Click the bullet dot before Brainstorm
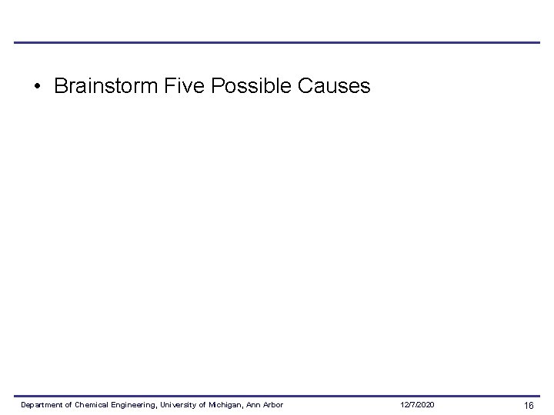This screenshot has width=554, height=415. pyautogui.click(x=37, y=86)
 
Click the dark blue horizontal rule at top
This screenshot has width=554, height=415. pyautogui.click(x=277, y=42)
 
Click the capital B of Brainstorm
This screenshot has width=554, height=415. pyautogui.click(x=60, y=86)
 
